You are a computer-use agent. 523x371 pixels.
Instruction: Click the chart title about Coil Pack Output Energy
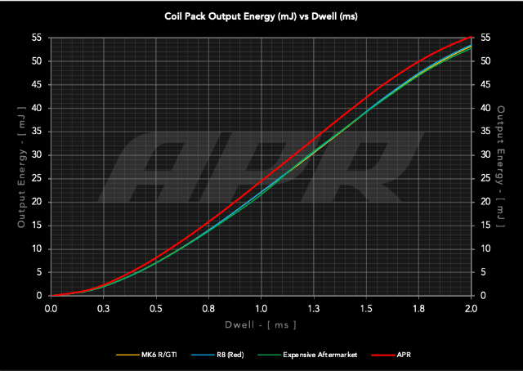tap(261, 16)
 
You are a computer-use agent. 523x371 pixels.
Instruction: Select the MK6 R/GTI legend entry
tap(146, 355)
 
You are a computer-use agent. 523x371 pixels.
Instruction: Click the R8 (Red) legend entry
tap(217, 355)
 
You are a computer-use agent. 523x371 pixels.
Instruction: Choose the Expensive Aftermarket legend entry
tap(307, 355)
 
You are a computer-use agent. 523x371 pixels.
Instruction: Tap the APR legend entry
tap(391, 355)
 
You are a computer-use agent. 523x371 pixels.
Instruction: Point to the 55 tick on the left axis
tap(37, 38)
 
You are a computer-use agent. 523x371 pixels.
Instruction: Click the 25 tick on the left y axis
tap(37, 178)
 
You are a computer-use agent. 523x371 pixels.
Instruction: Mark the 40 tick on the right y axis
tap(485, 108)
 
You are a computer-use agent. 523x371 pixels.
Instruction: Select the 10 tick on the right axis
tap(485, 249)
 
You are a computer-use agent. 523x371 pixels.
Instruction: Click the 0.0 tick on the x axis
tap(51, 309)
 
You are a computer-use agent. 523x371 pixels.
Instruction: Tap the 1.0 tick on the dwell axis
tap(261, 309)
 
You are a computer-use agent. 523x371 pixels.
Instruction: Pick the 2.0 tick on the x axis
tap(471, 309)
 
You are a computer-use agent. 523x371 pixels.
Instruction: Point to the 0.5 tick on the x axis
tap(156, 309)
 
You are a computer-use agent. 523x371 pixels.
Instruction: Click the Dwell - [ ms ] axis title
tap(261, 325)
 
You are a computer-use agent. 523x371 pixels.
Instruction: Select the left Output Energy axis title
tap(21, 167)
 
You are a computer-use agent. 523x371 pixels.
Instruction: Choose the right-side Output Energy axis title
tap(501, 167)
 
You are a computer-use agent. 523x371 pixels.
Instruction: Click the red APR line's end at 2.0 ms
tap(471, 37)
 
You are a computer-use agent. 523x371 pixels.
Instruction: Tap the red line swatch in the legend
tap(383, 355)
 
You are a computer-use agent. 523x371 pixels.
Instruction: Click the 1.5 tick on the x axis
tap(366, 309)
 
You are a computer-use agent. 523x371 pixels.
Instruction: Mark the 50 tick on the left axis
tap(37, 61)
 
